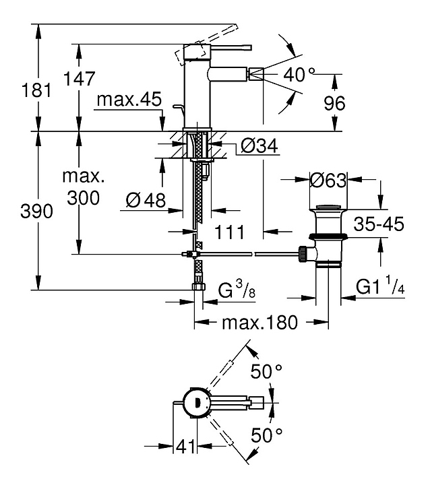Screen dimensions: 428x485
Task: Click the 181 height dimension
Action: coord(36,91)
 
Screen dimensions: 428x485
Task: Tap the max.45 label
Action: coord(129,99)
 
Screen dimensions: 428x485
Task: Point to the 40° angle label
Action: coord(299,75)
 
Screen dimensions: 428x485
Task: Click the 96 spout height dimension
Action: coord(334,103)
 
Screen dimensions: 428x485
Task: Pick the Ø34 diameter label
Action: coord(259,145)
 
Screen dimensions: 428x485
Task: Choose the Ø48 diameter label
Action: coord(146,200)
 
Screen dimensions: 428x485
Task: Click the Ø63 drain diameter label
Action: coord(328,181)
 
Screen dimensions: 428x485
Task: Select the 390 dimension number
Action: coord(36,212)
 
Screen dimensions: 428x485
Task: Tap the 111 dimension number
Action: coord(229,232)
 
